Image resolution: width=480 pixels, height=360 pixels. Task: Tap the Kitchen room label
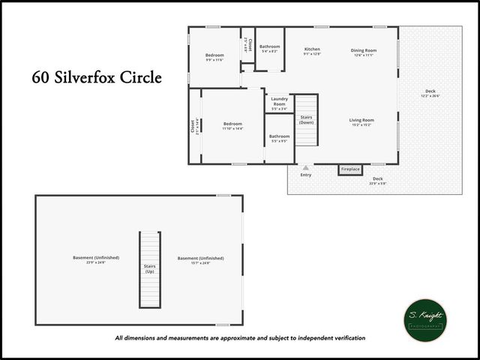[312, 52]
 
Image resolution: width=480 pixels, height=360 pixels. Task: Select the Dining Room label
[364, 52]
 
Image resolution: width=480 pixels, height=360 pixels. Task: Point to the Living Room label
[361, 121]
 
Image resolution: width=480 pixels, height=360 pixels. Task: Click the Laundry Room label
[279, 103]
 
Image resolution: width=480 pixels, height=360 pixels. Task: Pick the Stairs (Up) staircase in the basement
[149, 268]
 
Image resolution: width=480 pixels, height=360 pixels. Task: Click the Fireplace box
[350, 169]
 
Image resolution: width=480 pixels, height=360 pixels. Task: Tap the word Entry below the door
[305, 175]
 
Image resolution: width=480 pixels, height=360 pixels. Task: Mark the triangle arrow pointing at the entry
[305, 167]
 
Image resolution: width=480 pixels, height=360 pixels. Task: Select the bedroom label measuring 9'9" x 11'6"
[214, 57]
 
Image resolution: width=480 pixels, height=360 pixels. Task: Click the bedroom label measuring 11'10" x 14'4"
[232, 125]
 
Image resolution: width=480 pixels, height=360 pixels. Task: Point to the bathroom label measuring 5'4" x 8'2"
[269, 49]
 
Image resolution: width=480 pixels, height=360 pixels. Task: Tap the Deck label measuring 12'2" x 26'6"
[430, 94]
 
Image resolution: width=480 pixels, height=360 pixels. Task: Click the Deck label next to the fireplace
[377, 180]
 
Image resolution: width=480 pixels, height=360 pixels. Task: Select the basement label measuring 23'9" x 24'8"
[88, 259]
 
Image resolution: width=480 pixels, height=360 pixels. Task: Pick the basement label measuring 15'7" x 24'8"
[200, 259]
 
